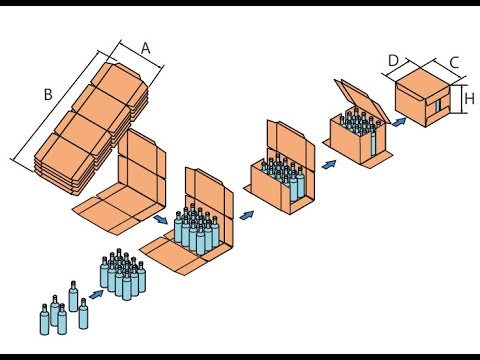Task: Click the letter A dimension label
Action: coord(146,48)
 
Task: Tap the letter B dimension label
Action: coord(48,95)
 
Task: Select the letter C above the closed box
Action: coord(454,63)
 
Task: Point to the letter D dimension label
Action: coord(394,61)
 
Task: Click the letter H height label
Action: coord(469,99)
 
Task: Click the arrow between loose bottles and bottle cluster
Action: coord(96,294)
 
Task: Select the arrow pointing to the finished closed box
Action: coord(399,122)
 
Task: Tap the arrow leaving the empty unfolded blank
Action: coord(161,220)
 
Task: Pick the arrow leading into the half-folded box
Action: coord(247,215)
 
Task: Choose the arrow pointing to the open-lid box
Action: coord(329,164)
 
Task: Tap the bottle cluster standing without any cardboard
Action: coord(123,274)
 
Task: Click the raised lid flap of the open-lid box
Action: coord(362,100)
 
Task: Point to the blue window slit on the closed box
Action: coord(438,105)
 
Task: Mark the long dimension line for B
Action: coord(56,106)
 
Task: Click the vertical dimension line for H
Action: coord(461,99)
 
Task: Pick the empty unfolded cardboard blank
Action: coord(119,182)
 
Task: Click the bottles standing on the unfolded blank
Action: coord(197,229)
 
